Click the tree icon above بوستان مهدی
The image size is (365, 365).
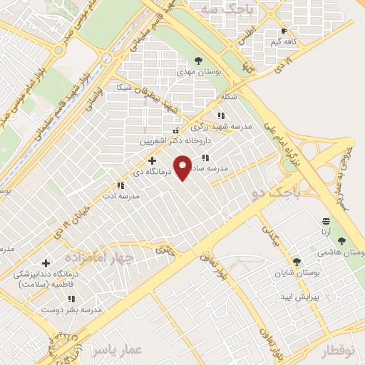[198, 61]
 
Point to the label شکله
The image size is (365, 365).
[228, 96]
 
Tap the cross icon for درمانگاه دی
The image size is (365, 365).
[152, 160]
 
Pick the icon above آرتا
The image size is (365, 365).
[326, 220]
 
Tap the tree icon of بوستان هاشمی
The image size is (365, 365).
[341, 241]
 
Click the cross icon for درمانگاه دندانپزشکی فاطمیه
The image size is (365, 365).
[47, 264]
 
